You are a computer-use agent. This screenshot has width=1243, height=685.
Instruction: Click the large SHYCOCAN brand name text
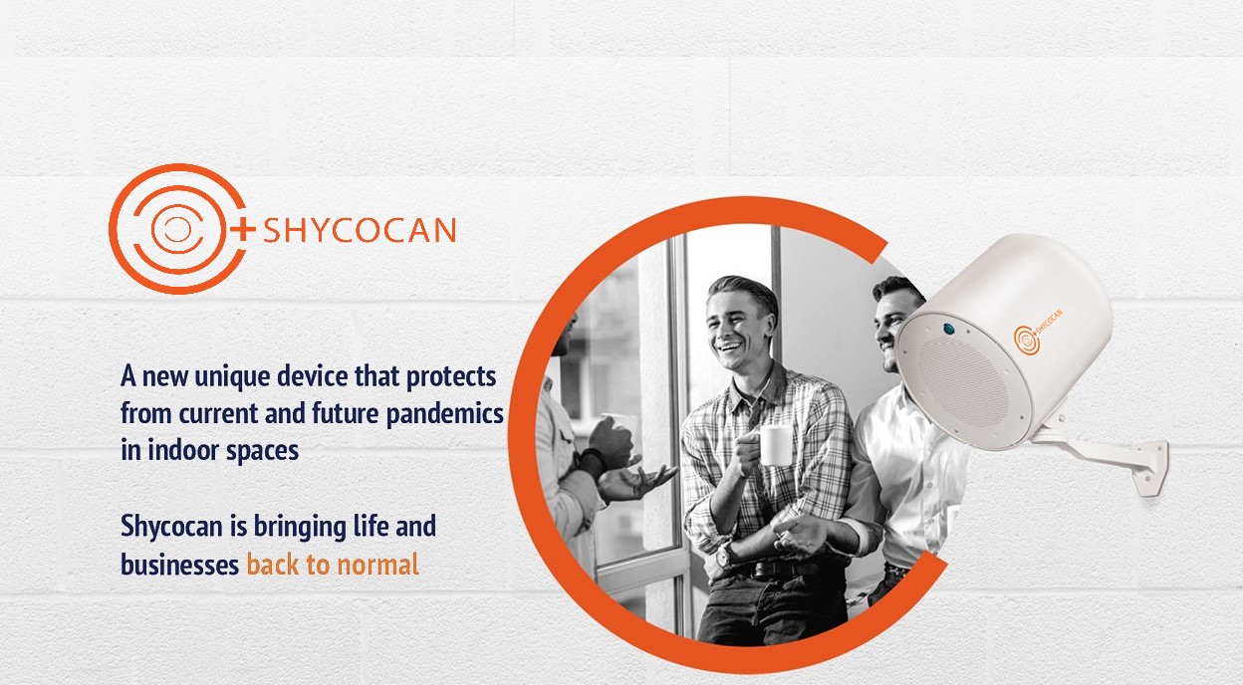tap(360, 230)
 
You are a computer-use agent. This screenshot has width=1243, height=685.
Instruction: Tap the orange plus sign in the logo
tap(242, 229)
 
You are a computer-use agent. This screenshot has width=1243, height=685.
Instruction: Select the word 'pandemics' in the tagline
tap(444, 414)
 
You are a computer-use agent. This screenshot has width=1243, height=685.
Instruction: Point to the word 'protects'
tap(451, 377)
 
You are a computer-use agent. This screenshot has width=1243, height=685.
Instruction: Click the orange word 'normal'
tap(377, 565)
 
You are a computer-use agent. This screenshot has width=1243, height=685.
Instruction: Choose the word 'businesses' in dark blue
tap(180, 565)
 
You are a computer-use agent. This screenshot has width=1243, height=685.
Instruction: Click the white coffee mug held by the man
tap(774, 445)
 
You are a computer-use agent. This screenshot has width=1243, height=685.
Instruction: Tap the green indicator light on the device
tap(949, 329)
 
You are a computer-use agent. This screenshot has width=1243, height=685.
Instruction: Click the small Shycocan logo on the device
tap(1037, 332)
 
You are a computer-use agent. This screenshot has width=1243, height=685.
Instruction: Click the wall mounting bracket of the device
tap(1106, 458)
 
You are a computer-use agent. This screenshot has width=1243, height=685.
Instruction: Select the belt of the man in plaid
tap(777, 568)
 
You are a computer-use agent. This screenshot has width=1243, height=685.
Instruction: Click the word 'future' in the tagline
tap(346, 413)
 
